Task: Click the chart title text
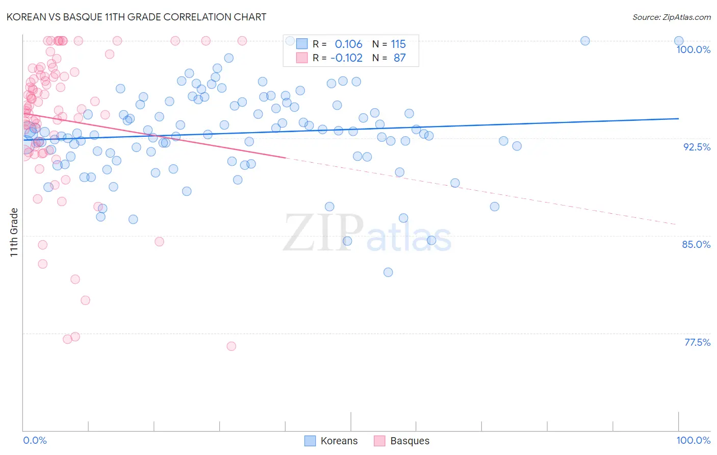pyautogui.click(x=137, y=17)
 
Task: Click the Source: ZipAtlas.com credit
pyautogui.click(x=671, y=17)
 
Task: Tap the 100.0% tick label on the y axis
pyautogui.click(x=693, y=49)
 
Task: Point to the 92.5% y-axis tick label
pyautogui.click(x=697, y=147)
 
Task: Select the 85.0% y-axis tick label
pyautogui.click(x=696, y=244)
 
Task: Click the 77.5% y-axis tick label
pyautogui.click(x=697, y=342)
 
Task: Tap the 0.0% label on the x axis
pyautogui.click(x=35, y=440)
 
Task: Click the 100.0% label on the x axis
pyautogui.click(x=693, y=440)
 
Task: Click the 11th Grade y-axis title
pyautogui.click(x=14, y=232)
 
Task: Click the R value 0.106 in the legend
pyautogui.click(x=348, y=44)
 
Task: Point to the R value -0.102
pyautogui.click(x=346, y=58)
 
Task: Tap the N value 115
pyautogui.click(x=398, y=44)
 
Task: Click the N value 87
pyautogui.click(x=399, y=58)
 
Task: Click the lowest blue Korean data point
pyautogui.click(x=388, y=272)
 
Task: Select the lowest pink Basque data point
pyautogui.click(x=231, y=346)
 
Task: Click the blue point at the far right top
pyautogui.click(x=679, y=41)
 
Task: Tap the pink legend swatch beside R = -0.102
pyautogui.click(x=302, y=58)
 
